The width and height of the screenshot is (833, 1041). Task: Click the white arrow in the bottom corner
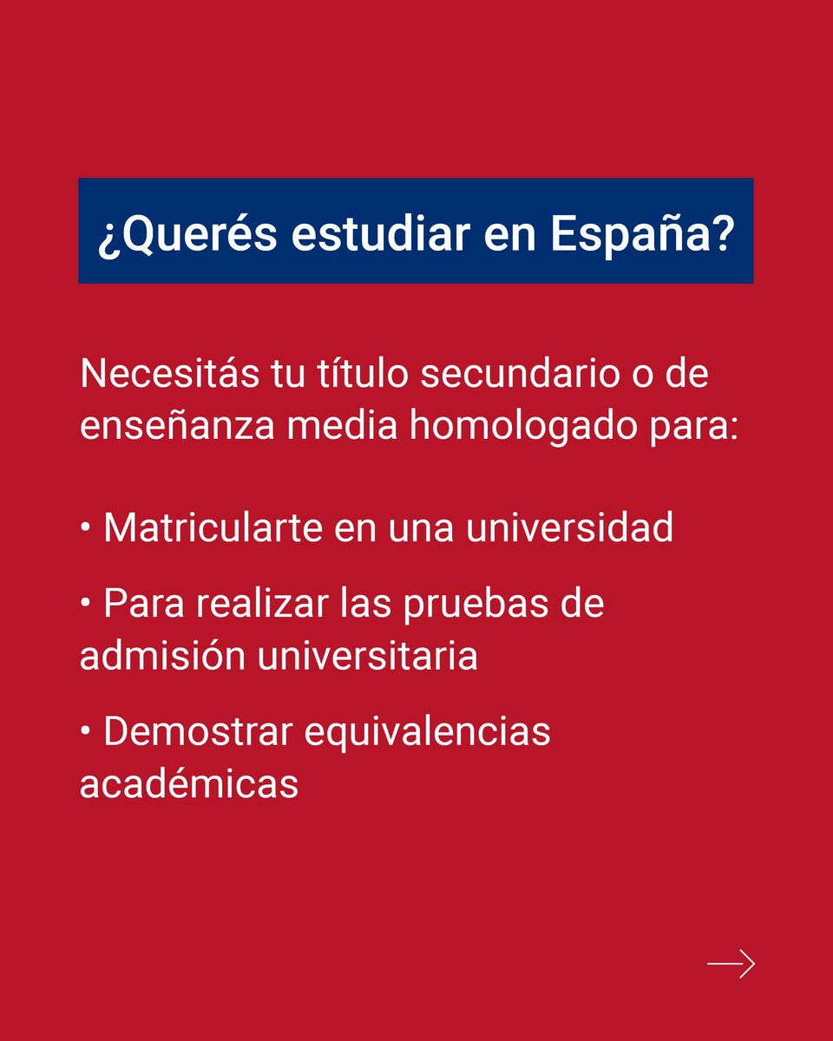731,964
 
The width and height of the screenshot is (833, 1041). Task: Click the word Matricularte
216,527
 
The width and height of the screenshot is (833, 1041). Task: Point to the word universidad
569,527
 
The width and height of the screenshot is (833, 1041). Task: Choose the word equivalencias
427,731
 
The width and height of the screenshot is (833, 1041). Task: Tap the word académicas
189,783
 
